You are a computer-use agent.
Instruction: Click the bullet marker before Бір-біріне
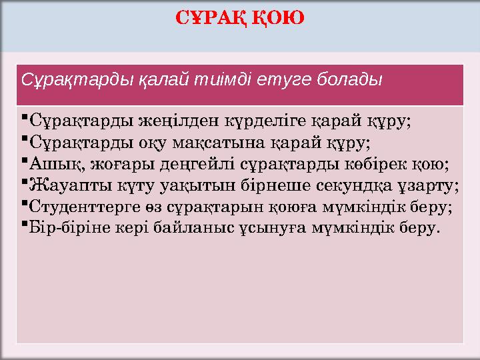pyautogui.click(x=24, y=224)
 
